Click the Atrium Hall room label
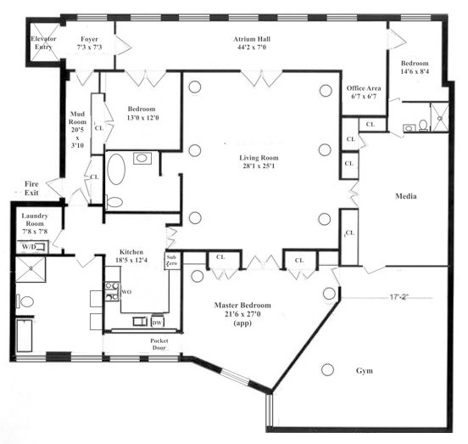[252, 43]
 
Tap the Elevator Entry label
[43, 42]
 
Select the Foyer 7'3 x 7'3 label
[90, 43]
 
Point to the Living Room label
[259, 161]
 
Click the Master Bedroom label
[242, 314]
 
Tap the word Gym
[365, 371]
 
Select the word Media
[406, 196]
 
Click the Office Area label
[364, 92]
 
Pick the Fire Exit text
[31, 188]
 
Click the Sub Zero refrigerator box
[171, 261]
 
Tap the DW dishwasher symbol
[158, 323]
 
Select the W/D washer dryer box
[31, 247]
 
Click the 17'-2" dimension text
[399, 297]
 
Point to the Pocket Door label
[159, 344]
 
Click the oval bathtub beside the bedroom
[116, 169]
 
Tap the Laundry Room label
[35, 223]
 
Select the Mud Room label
[77, 130]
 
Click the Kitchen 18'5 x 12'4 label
[131, 256]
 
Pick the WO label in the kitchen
[126, 292]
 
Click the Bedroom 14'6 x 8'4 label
[415, 67]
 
